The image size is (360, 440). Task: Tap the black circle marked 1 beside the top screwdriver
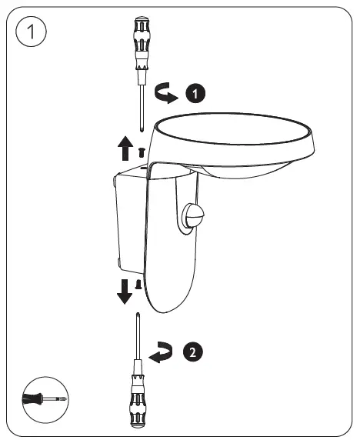point(195,94)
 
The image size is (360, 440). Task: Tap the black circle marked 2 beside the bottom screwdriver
point(194,353)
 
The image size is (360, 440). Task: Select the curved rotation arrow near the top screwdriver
point(165,92)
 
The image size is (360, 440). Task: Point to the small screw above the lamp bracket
point(141,152)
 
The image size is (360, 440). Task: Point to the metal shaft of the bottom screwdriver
point(138,338)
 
